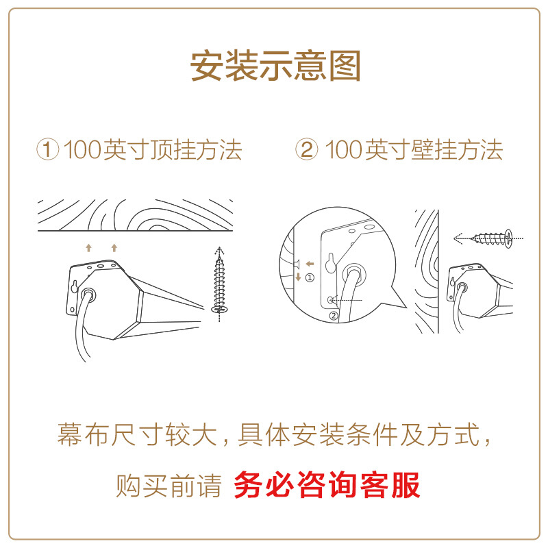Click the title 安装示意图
275,66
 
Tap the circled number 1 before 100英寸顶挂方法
48,149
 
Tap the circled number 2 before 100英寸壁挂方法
306,149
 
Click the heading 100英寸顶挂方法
153,149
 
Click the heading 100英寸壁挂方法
414,149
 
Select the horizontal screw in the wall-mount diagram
492,238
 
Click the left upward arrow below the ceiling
89,248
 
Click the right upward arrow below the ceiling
114,248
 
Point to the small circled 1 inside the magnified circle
310,278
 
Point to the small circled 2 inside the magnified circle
334,316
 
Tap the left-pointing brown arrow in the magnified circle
310,264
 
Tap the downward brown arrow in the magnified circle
298,277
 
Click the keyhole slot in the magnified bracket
330,263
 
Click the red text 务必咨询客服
327,485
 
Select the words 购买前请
169,486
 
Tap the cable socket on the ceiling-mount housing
88,294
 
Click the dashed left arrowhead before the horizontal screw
458,238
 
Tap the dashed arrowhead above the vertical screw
219,250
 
